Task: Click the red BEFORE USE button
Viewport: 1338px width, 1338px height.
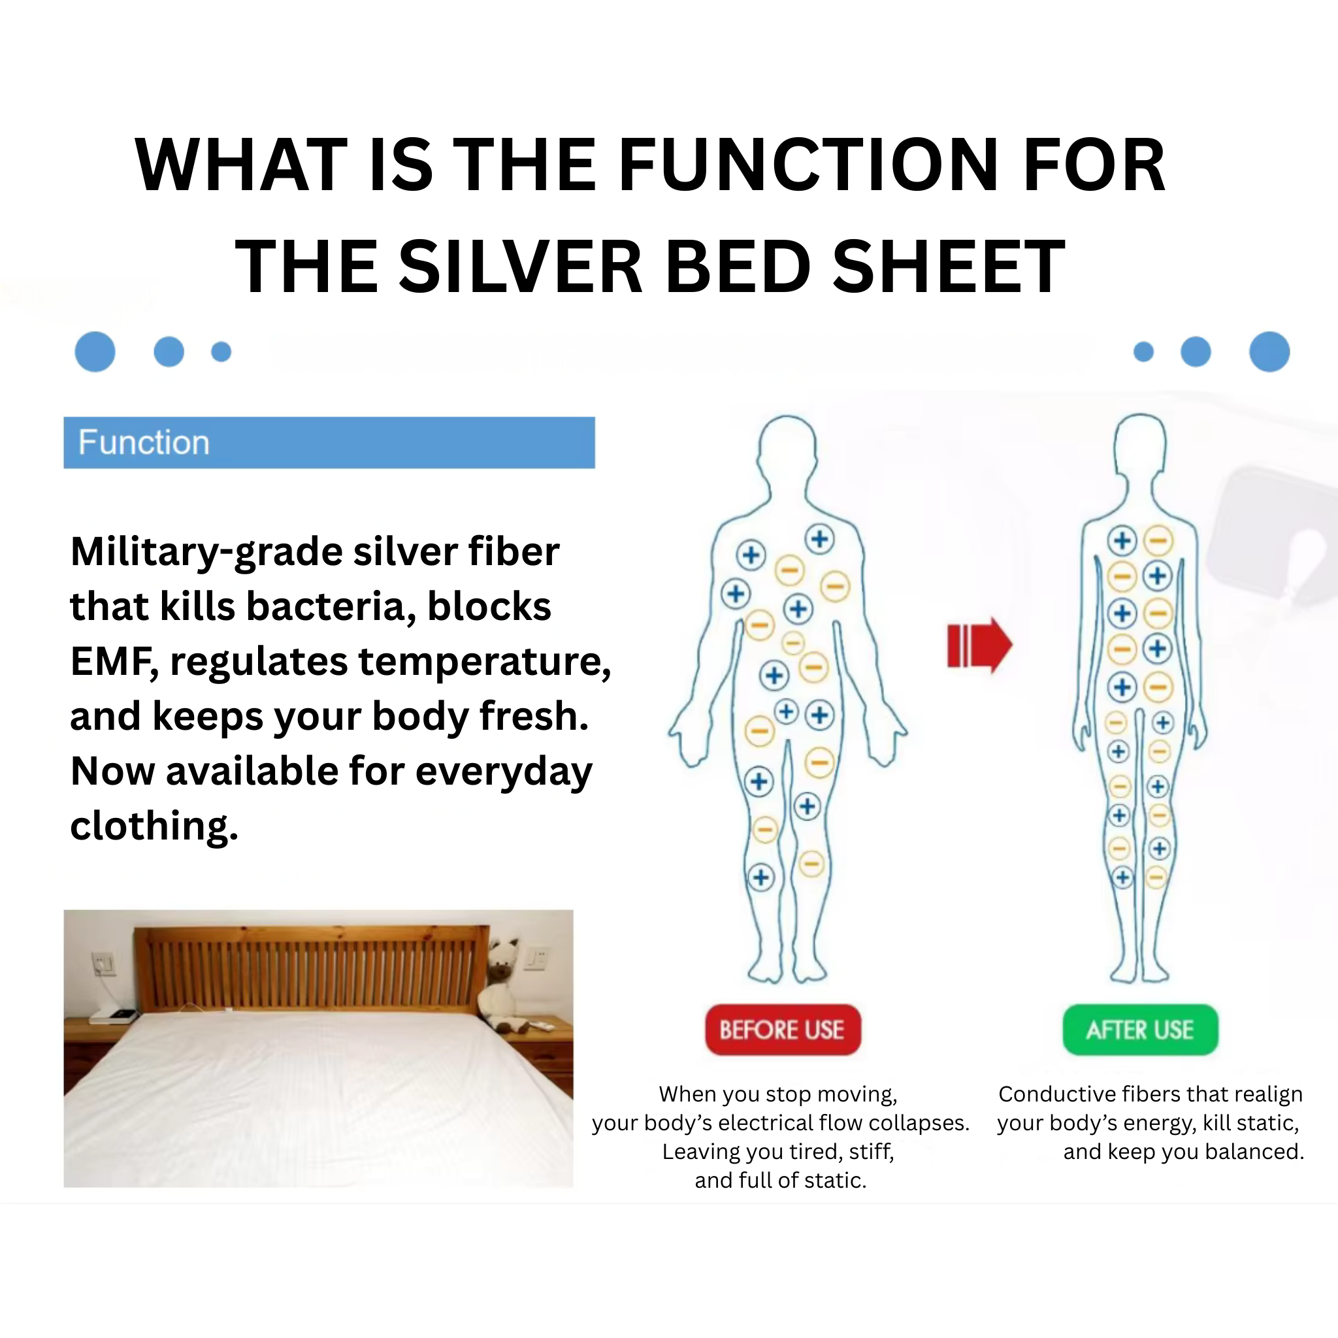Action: coord(783,1030)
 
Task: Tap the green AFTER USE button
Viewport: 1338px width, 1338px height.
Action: coord(1140,1030)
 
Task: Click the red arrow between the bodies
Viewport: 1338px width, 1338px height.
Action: coord(979,645)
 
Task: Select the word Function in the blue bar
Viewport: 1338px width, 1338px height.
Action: coord(143,442)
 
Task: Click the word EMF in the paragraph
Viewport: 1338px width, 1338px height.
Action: coord(111,661)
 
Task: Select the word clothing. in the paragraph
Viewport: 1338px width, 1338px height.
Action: coord(154,826)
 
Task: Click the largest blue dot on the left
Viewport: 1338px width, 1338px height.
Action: coord(95,352)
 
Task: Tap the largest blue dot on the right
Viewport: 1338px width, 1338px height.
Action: coord(1269,352)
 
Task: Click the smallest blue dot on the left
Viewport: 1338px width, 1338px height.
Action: coord(221,352)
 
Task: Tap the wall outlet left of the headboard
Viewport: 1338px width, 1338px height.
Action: coord(104,962)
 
